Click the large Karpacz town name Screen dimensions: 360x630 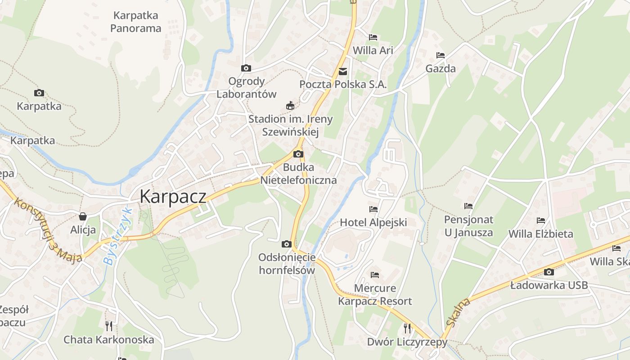coord(173,197)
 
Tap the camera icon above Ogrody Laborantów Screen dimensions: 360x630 coord(246,68)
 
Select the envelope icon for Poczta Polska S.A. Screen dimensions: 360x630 coord(343,71)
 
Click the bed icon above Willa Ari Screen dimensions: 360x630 coord(373,37)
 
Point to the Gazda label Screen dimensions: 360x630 coord(441,69)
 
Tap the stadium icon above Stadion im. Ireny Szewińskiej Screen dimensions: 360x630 coord(290,106)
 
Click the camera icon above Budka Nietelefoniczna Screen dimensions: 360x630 coord(298,154)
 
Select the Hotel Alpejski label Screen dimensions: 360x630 coord(373,222)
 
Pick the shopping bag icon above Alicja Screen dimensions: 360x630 coord(82,216)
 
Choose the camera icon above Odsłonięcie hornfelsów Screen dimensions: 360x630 coord(286,244)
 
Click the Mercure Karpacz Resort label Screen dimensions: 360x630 coord(375,295)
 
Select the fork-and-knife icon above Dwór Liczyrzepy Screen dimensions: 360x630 coord(407,328)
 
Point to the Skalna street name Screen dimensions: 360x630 coord(459,311)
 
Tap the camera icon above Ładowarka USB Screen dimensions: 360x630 coord(549,272)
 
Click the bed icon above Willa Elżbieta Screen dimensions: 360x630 coord(540,220)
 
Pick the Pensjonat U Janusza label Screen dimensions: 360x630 coord(468,226)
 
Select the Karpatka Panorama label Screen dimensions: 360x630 coord(135,22)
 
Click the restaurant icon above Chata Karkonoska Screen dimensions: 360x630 coord(108,325)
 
